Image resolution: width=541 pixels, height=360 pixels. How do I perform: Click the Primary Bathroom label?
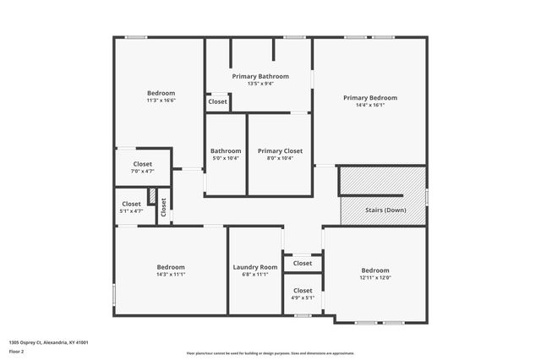260,76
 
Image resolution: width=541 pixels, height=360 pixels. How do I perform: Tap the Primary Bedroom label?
369,98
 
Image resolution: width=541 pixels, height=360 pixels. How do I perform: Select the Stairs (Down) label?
384,210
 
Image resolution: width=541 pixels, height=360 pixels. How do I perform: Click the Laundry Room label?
254,267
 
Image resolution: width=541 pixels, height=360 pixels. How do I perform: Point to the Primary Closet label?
280,151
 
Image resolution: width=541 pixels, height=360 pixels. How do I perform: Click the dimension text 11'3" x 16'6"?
161,100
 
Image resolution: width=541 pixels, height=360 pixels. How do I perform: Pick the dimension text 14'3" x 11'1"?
170,274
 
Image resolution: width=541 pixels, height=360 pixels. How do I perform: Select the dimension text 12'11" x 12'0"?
375,277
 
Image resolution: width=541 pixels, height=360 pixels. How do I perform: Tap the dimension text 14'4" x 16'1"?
369,105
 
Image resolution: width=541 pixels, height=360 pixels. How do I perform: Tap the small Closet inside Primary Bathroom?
217,101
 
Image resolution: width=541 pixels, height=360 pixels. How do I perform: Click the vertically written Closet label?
163,208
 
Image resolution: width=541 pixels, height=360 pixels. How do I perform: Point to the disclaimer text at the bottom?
270,353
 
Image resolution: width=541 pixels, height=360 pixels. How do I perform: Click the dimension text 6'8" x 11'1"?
254,274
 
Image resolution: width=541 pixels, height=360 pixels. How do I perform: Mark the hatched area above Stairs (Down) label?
382,181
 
